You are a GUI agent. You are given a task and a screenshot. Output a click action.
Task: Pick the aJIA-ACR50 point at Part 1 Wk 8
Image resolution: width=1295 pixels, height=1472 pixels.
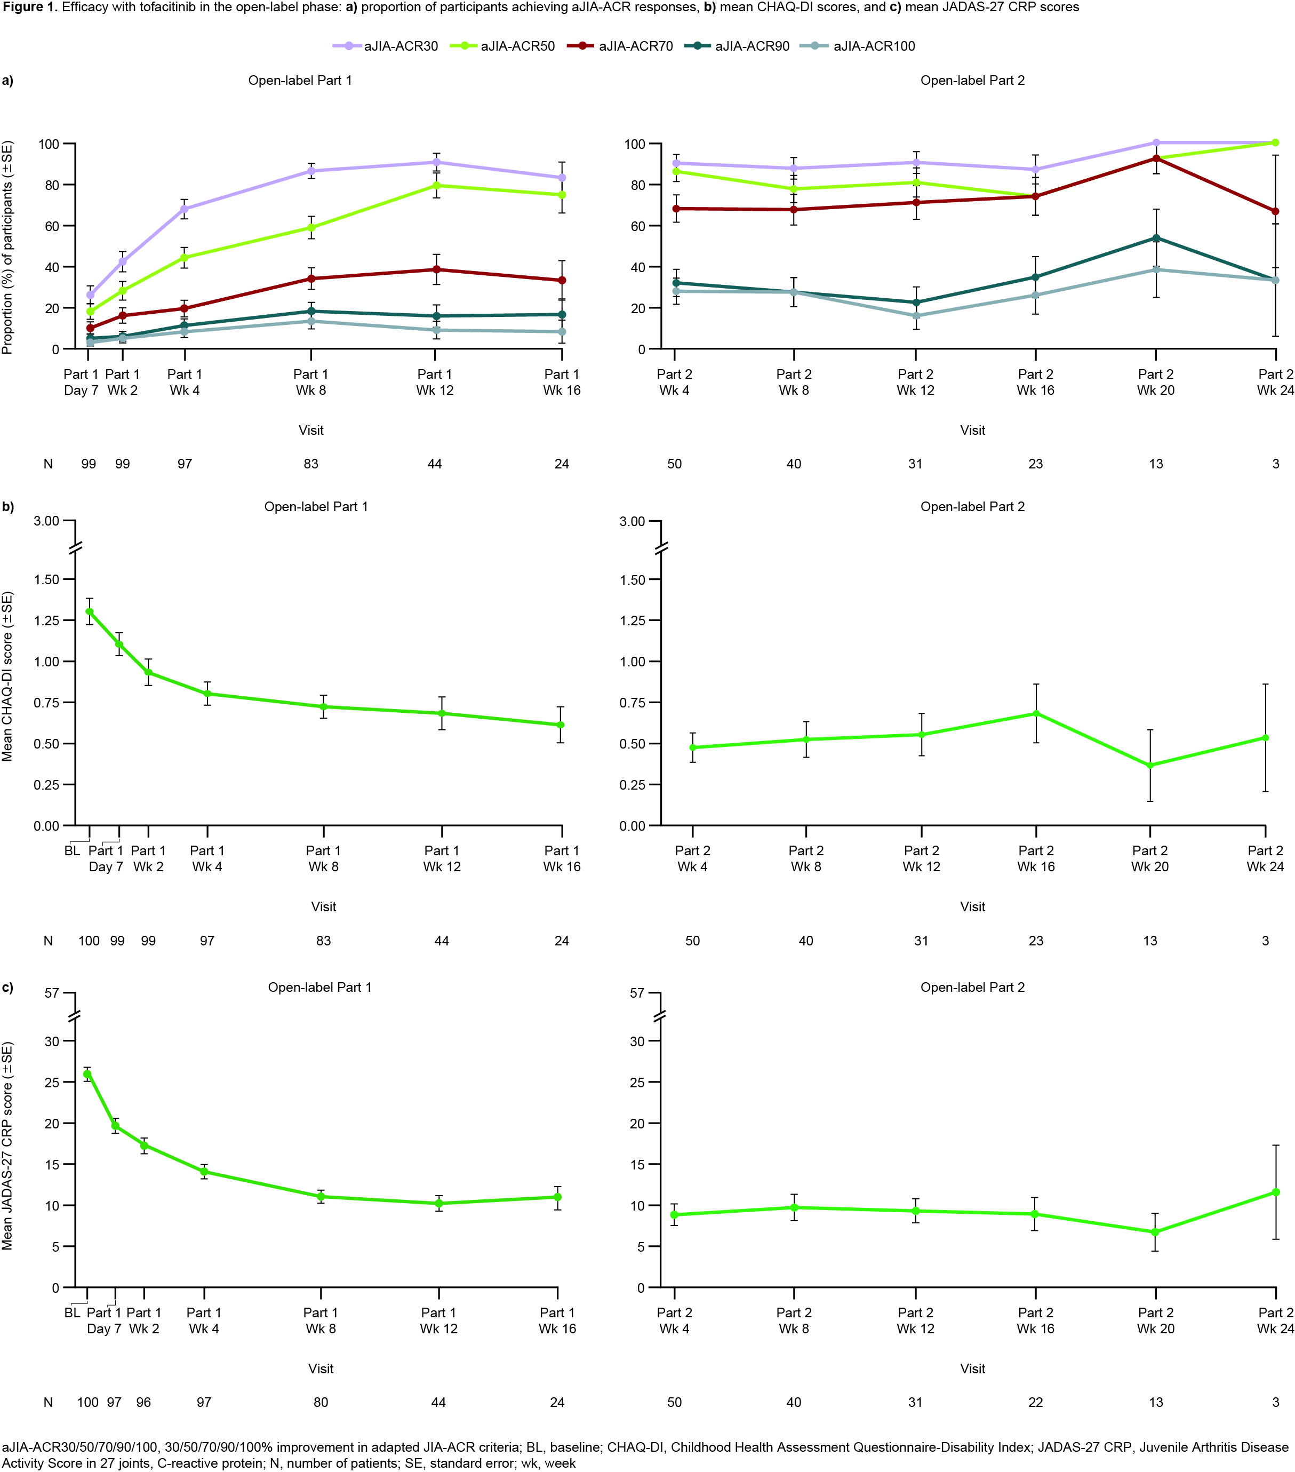[x=311, y=228]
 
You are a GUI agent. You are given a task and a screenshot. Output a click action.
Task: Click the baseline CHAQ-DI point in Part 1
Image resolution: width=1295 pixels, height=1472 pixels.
[x=89, y=611]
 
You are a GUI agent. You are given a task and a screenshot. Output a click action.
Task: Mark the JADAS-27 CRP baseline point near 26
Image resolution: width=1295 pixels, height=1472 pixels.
[x=87, y=1074]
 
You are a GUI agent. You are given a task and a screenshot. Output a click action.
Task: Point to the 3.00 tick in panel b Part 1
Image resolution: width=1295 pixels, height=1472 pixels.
[x=46, y=521]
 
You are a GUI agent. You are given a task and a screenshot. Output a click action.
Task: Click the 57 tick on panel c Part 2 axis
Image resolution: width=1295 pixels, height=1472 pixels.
[x=636, y=993]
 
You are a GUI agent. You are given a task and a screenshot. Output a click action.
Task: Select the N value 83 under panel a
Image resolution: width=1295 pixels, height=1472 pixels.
[x=311, y=464]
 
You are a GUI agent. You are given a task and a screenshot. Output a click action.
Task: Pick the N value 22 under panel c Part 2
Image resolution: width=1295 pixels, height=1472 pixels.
[x=1035, y=1402]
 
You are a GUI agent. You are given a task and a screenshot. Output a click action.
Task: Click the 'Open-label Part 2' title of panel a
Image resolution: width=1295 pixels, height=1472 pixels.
[x=972, y=81]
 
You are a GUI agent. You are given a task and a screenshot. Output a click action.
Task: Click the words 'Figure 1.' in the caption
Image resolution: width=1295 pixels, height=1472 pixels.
[x=29, y=7]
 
